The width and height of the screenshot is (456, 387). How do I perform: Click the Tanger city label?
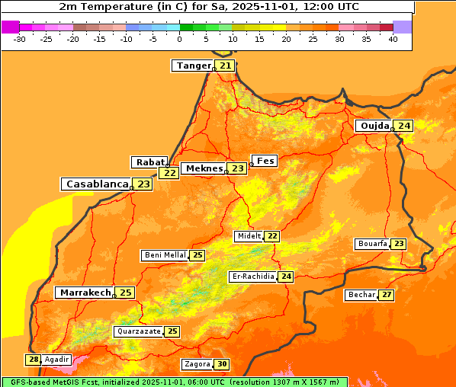click(193, 66)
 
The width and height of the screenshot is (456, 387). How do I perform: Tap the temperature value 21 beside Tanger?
click(225, 66)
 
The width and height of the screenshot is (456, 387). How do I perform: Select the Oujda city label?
click(374, 126)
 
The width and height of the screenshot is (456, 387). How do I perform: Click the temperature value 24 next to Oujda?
click(403, 126)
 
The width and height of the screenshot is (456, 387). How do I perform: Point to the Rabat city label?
click(149, 162)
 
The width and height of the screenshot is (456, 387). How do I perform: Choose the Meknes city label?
click(204, 168)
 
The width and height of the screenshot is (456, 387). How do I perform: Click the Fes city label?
click(265, 161)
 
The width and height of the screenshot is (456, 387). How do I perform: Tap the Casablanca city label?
click(96, 184)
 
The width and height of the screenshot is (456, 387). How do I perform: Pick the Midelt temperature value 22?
click(272, 236)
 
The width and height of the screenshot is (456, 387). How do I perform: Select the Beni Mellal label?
click(165, 255)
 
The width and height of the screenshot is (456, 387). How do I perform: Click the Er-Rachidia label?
click(252, 277)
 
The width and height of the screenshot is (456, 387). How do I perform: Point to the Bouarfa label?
click(372, 244)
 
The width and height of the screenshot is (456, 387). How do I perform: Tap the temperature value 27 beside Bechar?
click(387, 295)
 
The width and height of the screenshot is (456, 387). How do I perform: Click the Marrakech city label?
click(85, 293)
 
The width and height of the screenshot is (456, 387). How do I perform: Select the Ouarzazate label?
click(139, 331)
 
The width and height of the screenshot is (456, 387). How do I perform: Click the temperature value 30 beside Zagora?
click(221, 364)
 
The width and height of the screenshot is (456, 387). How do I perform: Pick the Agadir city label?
click(56, 360)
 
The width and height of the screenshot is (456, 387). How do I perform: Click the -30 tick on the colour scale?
click(20, 38)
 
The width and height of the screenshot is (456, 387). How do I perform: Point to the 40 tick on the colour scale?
click(393, 38)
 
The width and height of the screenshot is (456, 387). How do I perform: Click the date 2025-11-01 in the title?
click(275, 6)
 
